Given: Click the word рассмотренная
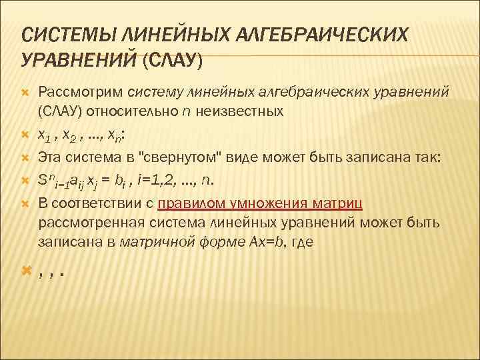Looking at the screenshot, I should [x=82, y=221].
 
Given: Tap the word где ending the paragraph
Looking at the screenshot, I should [x=301, y=243].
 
